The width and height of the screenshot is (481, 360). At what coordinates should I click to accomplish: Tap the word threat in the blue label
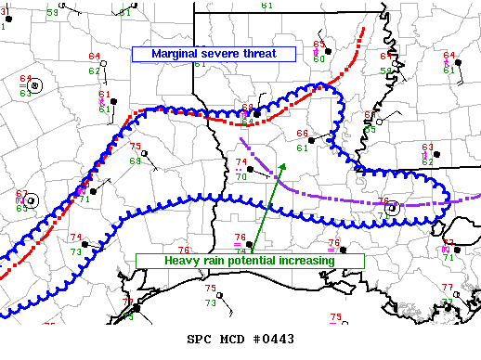(x=260, y=54)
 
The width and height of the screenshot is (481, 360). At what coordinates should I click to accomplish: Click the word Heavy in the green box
(x=182, y=261)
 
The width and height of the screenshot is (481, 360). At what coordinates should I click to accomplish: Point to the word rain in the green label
(x=216, y=261)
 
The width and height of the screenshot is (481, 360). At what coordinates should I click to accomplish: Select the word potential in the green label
(x=258, y=261)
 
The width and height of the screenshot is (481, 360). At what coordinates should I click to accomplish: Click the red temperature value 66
(x=302, y=135)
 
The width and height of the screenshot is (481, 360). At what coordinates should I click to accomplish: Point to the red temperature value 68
(x=247, y=108)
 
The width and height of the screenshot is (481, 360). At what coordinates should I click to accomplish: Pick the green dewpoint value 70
(x=240, y=176)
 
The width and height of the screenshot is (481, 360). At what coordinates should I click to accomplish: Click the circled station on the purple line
(x=393, y=209)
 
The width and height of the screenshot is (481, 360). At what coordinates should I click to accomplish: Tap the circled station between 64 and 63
(x=35, y=86)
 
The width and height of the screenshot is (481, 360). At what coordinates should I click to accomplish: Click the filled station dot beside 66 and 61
(x=315, y=140)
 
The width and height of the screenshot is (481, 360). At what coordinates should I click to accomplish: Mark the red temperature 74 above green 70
(x=240, y=163)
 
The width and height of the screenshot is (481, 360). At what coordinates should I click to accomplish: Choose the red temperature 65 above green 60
(x=318, y=45)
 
